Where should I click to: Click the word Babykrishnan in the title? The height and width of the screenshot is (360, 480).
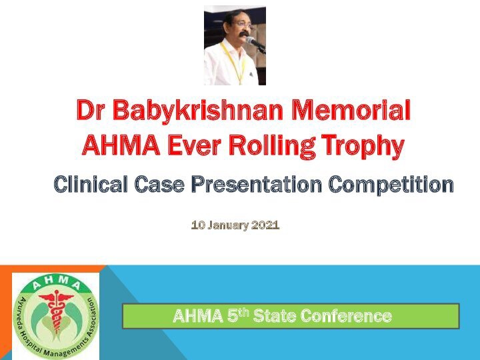(x=198, y=111)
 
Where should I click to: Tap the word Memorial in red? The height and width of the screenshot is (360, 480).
(x=351, y=109)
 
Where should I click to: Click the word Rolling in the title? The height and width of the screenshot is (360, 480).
(x=272, y=146)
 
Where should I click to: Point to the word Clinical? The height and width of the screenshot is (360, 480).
(x=90, y=184)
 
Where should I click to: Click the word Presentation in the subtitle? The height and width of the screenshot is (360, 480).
(x=257, y=184)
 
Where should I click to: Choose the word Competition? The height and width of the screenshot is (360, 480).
(x=391, y=185)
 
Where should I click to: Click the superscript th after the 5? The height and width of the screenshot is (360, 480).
(x=243, y=312)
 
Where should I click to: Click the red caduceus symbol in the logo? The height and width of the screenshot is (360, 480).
(x=56, y=311)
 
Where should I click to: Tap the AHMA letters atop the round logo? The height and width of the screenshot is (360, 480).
(x=56, y=281)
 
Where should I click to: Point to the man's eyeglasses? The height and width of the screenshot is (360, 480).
(x=242, y=25)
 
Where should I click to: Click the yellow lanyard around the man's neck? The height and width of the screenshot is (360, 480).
(x=234, y=62)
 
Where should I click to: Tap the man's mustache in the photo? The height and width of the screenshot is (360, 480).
(x=244, y=34)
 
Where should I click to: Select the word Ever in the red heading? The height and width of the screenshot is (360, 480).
(x=194, y=146)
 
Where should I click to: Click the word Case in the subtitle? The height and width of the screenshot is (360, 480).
(x=159, y=184)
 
